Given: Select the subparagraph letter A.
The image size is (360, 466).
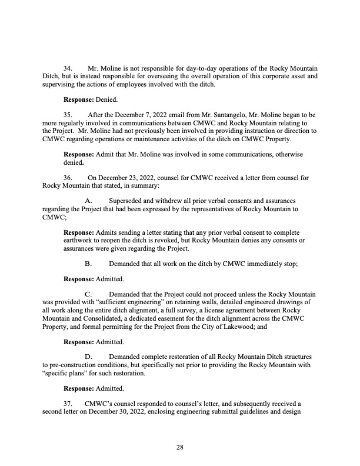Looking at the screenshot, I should click(x=89, y=201).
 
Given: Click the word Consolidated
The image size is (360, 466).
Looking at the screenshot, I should click(x=111, y=318).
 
